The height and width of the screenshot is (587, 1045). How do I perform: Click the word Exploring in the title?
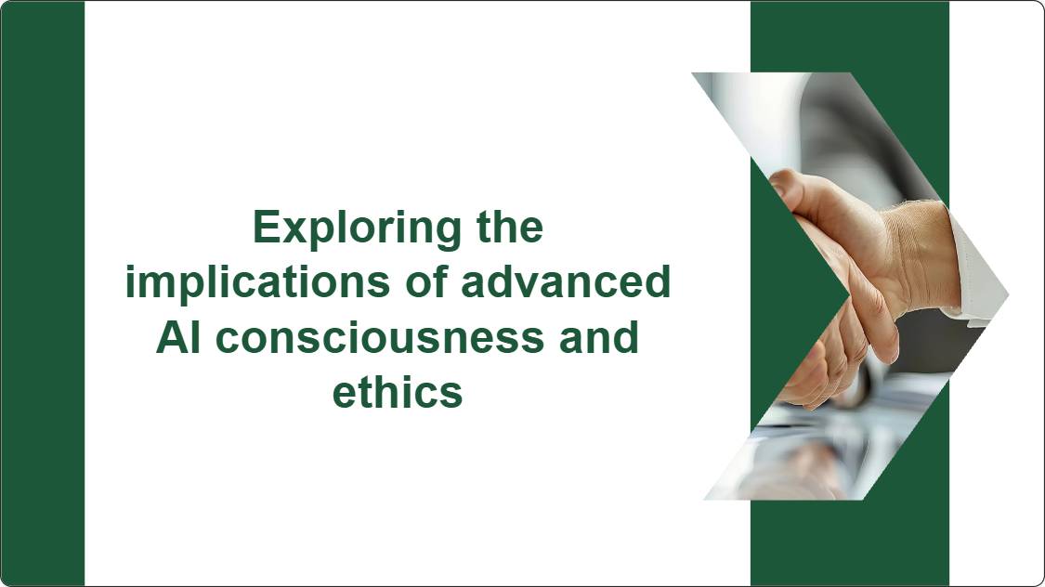click(x=357, y=229)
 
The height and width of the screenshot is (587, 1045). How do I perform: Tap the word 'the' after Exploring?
click(x=510, y=228)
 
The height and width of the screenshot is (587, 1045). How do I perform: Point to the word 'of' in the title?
click(x=425, y=282)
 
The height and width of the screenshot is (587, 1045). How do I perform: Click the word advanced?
click(x=566, y=282)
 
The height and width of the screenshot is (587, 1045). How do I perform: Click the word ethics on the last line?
click(x=398, y=393)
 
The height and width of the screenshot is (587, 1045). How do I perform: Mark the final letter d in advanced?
click(x=657, y=282)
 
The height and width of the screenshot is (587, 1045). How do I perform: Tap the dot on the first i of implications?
click(x=131, y=268)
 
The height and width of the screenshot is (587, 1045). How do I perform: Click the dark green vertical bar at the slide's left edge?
click(x=43, y=293)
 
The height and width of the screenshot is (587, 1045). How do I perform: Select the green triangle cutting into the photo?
click(x=790, y=293)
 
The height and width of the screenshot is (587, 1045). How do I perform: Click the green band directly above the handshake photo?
click(x=850, y=36)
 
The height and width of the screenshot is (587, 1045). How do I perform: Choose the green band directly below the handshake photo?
click(x=850, y=543)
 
